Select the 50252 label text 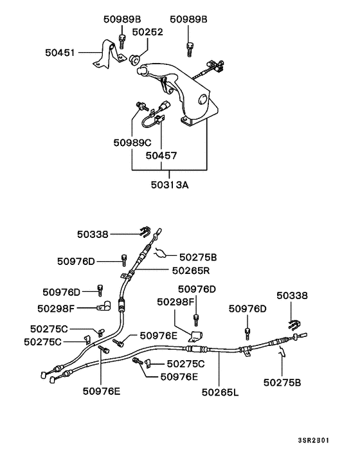[147, 32]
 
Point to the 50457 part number [161, 156]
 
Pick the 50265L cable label [219, 390]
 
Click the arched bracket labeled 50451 [104, 54]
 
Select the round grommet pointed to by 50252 [134, 60]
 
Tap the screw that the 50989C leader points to [140, 104]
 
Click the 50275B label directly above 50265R [198, 256]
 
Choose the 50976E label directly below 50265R [159, 335]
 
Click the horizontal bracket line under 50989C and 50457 [170, 170]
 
